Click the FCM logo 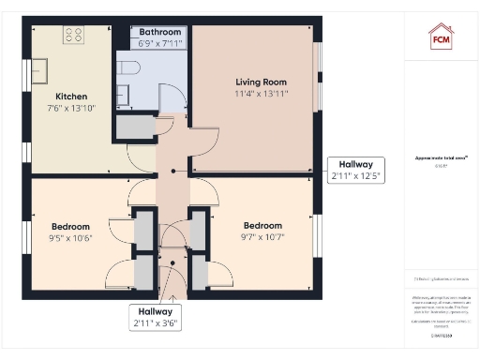[441, 37]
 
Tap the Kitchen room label [71, 97]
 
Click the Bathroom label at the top [158, 32]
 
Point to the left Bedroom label [70, 226]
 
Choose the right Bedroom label [262, 225]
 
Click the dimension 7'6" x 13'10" [71, 110]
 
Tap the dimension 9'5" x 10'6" [70, 238]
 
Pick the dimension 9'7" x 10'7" [262, 237]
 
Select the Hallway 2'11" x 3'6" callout [155, 318]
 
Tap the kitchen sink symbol [41, 72]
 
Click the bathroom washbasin [122, 94]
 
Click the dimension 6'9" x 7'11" [158, 43]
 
